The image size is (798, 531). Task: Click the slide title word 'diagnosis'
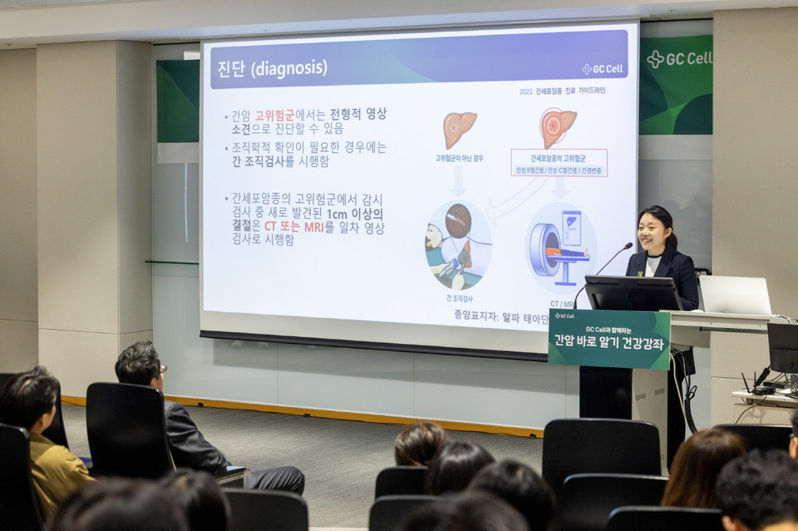[x=288, y=67]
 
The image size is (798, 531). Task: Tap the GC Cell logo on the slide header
[x=602, y=69]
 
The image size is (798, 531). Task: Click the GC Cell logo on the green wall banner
[x=679, y=58]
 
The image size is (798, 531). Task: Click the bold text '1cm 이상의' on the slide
[x=355, y=213]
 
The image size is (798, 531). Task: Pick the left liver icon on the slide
[x=459, y=128]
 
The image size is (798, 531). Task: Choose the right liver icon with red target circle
[x=558, y=127]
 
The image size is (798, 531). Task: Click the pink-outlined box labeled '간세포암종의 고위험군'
[x=559, y=163]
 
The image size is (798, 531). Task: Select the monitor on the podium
[x=633, y=293]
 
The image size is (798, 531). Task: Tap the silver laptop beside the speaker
[x=735, y=295]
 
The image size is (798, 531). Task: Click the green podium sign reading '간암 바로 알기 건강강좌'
[x=609, y=339]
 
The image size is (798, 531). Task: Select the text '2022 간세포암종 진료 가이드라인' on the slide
[x=562, y=91]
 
